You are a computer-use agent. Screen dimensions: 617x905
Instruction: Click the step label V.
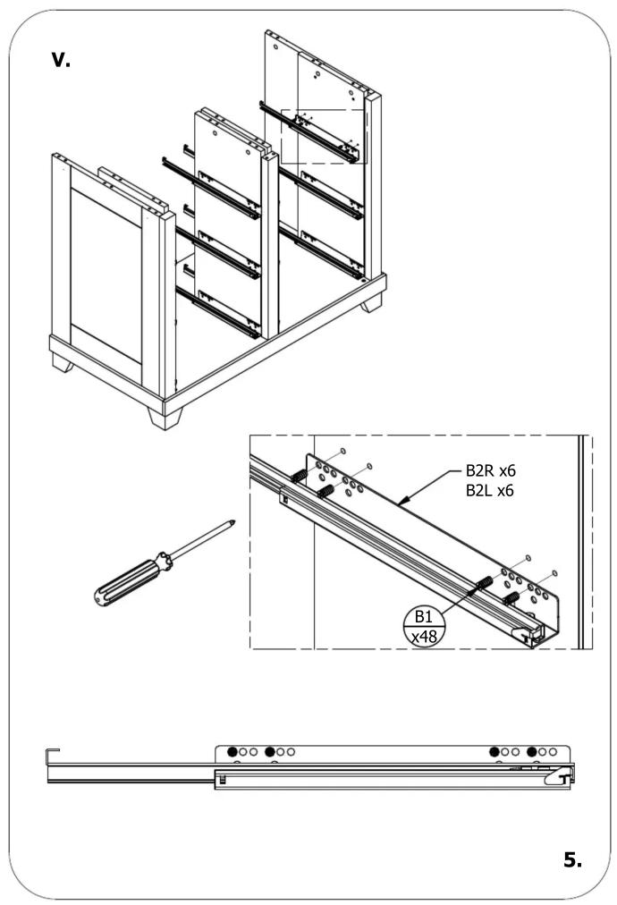61,59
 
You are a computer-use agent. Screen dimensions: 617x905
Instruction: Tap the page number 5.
572,859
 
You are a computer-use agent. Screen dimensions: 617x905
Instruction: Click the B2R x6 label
490,470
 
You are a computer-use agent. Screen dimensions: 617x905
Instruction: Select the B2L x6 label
489,491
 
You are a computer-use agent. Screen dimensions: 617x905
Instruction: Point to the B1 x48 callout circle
424,626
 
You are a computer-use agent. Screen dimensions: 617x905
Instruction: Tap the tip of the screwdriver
233,521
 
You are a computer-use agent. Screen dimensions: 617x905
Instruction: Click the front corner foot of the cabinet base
165,418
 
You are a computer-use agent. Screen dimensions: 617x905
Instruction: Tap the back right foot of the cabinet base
372,303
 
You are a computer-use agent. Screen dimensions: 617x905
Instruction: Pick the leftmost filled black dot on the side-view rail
232,752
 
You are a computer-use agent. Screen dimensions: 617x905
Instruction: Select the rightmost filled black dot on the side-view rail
532,752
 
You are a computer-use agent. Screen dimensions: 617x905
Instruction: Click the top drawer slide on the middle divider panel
211,187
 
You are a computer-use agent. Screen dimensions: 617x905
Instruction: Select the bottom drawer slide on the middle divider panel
218,312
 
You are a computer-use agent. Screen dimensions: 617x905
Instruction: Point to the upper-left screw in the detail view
298,476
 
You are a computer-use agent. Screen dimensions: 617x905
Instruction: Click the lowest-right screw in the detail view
511,598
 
